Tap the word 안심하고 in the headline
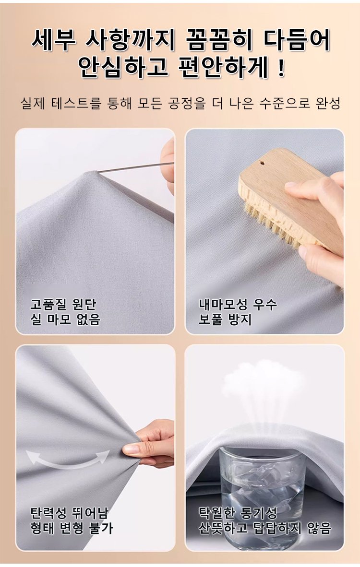tap(123, 67)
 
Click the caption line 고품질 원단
tap(63, 304)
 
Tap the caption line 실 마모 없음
tap(65, 319)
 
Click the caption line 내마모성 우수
tap(238, 304)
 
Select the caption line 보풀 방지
tap(225, 319)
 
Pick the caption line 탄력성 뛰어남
tap(69, 513)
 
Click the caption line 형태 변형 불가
tap(72, 528)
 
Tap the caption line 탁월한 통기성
tap(238, 513)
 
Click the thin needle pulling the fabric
tap(136, 167)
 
